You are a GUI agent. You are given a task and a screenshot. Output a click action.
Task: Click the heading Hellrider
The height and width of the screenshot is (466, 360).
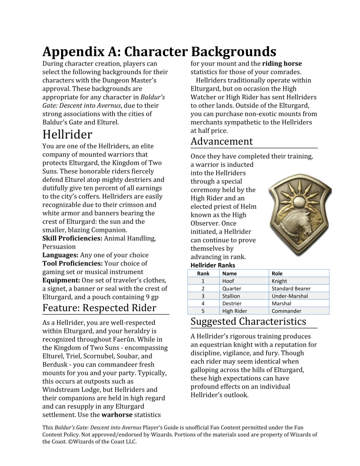67,134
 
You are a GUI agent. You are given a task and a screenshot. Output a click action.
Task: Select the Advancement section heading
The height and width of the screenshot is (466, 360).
222,141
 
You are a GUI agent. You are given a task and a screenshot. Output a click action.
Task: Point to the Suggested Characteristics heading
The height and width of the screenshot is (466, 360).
248,321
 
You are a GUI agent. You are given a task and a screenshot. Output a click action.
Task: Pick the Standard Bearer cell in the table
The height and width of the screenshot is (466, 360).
291,288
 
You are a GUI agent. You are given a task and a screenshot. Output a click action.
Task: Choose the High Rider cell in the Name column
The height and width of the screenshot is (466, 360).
234,311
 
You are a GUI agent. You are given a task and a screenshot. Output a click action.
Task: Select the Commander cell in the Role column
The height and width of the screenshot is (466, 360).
286,311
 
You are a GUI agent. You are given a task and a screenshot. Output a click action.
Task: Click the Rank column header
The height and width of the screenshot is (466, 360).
203,273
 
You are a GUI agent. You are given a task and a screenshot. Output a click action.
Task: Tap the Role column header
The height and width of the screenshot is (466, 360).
277,273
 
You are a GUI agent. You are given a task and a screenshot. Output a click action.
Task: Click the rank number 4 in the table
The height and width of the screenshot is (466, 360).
203,303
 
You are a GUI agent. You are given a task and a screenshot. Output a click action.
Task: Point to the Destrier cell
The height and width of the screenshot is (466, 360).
232,303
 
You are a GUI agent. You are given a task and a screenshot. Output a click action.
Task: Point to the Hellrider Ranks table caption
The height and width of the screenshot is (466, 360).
213,265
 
